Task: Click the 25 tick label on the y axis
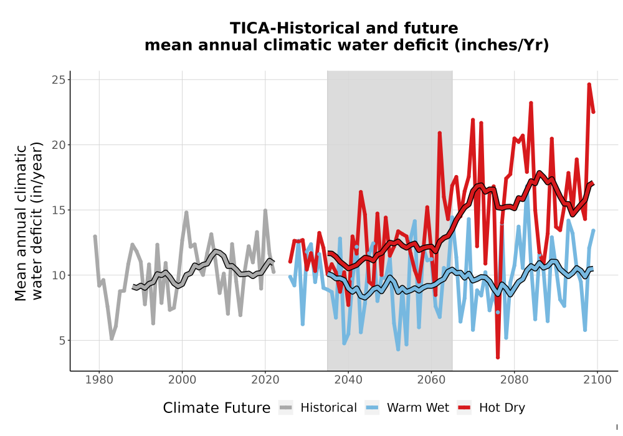coord(59,80)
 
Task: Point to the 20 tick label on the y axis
coord(59,145)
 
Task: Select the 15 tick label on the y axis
coord(59,210)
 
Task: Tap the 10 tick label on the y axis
coord(59,275)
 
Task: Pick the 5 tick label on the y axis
coord(62,340)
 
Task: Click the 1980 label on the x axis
coord(99,380)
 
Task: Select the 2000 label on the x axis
coord(183,380)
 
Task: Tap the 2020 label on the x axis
coord(265,380)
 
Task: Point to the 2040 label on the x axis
coord(348,380)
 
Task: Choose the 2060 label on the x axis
coord(431,380)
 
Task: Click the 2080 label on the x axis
coord(514,380)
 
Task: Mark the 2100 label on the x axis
coord(597,380)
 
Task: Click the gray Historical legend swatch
coord(286,408)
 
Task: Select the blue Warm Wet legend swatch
coord(372,408)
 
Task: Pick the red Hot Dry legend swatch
coord(464,408)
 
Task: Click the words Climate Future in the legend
coord(217,408)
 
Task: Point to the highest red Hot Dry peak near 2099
coord(589,85)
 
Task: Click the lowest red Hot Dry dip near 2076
coord(498,358)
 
